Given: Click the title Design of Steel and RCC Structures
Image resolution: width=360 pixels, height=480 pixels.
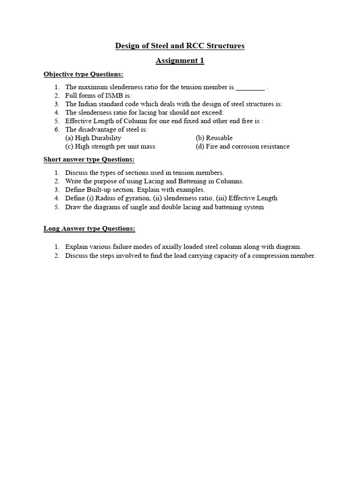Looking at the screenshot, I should click(x=180, y=46).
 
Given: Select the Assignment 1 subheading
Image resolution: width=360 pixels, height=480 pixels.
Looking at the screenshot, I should click(x=180, y=60).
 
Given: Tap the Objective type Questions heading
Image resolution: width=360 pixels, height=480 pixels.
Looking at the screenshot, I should click(x=83, y=75).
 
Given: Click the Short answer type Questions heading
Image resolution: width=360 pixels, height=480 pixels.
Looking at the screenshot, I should click(x=89, y=160).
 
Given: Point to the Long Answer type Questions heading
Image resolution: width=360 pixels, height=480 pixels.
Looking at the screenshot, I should click(x=90, y=229).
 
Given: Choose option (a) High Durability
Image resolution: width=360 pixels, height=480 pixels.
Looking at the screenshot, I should click(x=93, y=138).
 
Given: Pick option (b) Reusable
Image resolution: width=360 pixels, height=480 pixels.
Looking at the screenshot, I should click(x=214, y=138).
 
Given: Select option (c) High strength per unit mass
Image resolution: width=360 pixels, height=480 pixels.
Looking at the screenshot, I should click(x=110, y=146).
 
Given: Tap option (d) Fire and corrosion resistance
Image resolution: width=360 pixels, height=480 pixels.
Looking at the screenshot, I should click(x=242, y=146).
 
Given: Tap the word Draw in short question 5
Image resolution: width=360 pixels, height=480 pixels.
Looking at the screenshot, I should click(x=73, y=207).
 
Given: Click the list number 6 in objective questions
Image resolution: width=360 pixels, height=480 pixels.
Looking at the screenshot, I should click(x=56, y=129).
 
